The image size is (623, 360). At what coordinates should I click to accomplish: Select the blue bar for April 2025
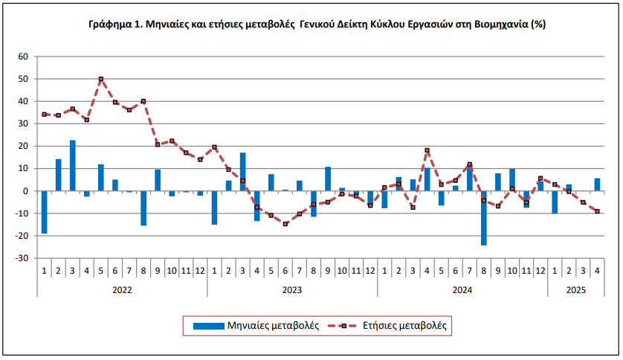point(598,184)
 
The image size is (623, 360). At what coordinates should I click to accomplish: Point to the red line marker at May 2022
point(101,79)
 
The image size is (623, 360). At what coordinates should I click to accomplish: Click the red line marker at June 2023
point(285,224)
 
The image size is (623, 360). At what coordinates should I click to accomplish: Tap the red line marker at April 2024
point(427,150)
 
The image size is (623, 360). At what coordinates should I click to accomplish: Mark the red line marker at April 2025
point(598,211)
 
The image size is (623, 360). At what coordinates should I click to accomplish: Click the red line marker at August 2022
point(143,101)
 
